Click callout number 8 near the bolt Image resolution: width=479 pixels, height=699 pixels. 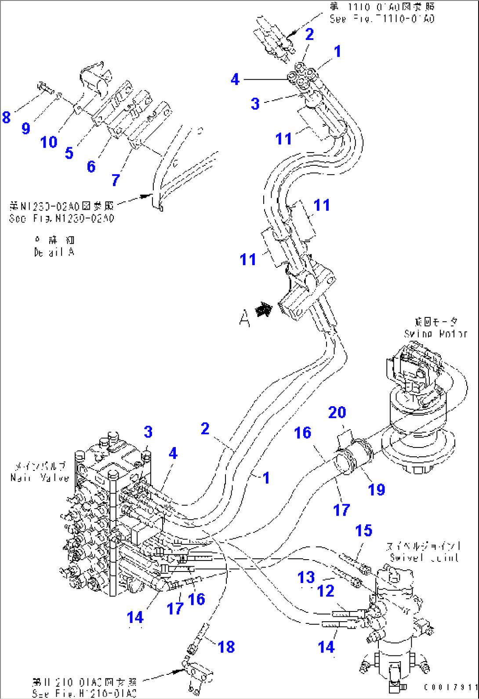(x=6, y=117)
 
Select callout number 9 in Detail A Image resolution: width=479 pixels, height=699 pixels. (x=26, y=128)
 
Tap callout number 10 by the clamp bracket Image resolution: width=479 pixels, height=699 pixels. (x=49, y=142)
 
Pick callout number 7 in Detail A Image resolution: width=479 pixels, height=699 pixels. (x=116, y=179)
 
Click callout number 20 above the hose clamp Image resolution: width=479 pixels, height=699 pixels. (x=337, y=412)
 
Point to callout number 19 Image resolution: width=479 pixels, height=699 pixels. (x=376, y=489)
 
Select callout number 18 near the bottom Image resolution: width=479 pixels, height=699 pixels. (x=226, y=647)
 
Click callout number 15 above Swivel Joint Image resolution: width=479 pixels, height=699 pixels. (x=363, y=531)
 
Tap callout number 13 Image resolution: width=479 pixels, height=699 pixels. (x=306, y=577)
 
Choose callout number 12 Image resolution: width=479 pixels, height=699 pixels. (x=326, y=591)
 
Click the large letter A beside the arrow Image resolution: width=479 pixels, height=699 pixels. (x=245, y=317)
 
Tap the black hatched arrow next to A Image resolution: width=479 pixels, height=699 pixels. (x=264, y=310)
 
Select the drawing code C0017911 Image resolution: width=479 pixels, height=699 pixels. (x=450, y=687)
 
